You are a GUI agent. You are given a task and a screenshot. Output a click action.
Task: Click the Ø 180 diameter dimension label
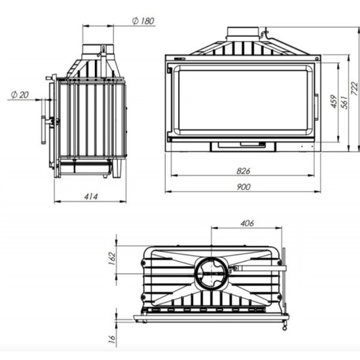(x=143, y=21)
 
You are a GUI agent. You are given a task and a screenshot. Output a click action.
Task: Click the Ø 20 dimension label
(x=20, y=95)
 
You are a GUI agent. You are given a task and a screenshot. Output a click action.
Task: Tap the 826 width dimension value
(x=243, y=171)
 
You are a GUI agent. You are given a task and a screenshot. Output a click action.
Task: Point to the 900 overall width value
(x=243, y=187)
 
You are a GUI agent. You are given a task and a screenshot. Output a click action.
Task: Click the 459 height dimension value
(x=333, y=103)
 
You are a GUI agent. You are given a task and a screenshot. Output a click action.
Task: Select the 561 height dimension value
(x=342, y=103)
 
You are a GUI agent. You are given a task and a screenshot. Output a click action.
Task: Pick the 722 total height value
(x=354, y=88)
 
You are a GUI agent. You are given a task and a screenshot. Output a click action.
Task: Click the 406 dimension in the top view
(x=247, y=223)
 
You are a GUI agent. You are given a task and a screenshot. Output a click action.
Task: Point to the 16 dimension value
(x=112, y=338)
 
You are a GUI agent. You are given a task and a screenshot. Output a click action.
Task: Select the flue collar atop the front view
(x=243, y=33)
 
